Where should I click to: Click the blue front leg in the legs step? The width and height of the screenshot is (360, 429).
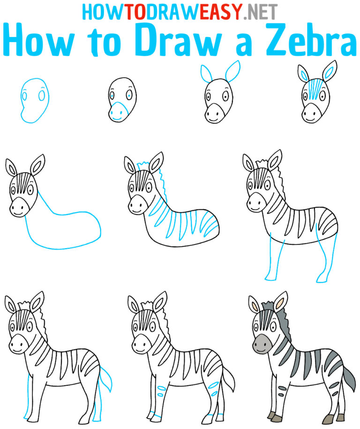270,262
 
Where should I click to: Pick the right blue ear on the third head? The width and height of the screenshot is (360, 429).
233,73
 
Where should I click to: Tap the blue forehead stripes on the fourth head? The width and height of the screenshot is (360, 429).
311,89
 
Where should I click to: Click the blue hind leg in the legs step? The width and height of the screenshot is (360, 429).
323,258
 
